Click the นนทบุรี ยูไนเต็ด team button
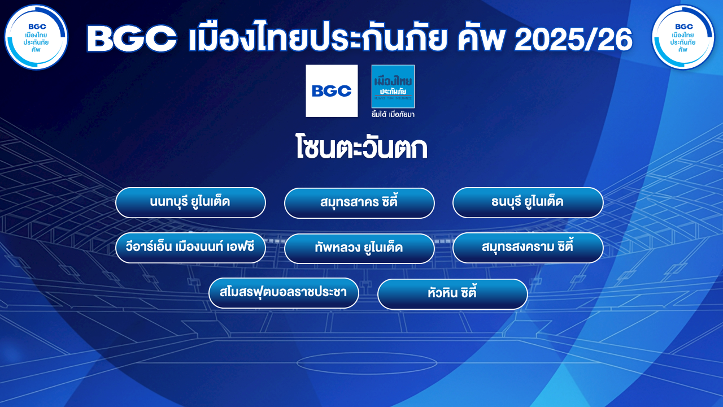pyautogui.click(x=190, y=202)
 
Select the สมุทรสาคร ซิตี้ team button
pyautogui.click(x=359, y=203)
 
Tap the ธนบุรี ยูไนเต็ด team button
pyautogui.click(x=528, y=202)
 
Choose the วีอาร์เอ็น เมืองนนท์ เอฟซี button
pyautogui.click(x=190, y=248)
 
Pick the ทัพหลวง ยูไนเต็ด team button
pyautogui.click(x=359, y=248)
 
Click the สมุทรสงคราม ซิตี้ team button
pyautogui.click(x=528, y=248)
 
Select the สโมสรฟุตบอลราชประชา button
pyautogui.click(x=284, y=293)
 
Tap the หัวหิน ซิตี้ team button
pyautogui.click(x=452, y=294)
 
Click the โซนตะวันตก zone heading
pyautogui.click(x=361, y=148)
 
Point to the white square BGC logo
pyautogui.click(x=332, y=91)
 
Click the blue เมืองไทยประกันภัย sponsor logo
pyautogui.click(x=393, y=86)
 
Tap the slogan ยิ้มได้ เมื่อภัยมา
pyautogui.click(x=393, y=114)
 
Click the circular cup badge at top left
pyautogui.click(x=36, y=37)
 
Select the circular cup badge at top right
pyautogui.click(x=683, y=37)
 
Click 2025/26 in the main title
pyautogui.click(x=573, y=40)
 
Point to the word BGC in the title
pyautogui.click(x=132, y=40)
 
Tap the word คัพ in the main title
pyautogui.click(x=481, y=38)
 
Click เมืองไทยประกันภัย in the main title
pyautogui.click(x=317, y=36)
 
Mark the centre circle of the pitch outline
pyautogui.click(x=367, y=363)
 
